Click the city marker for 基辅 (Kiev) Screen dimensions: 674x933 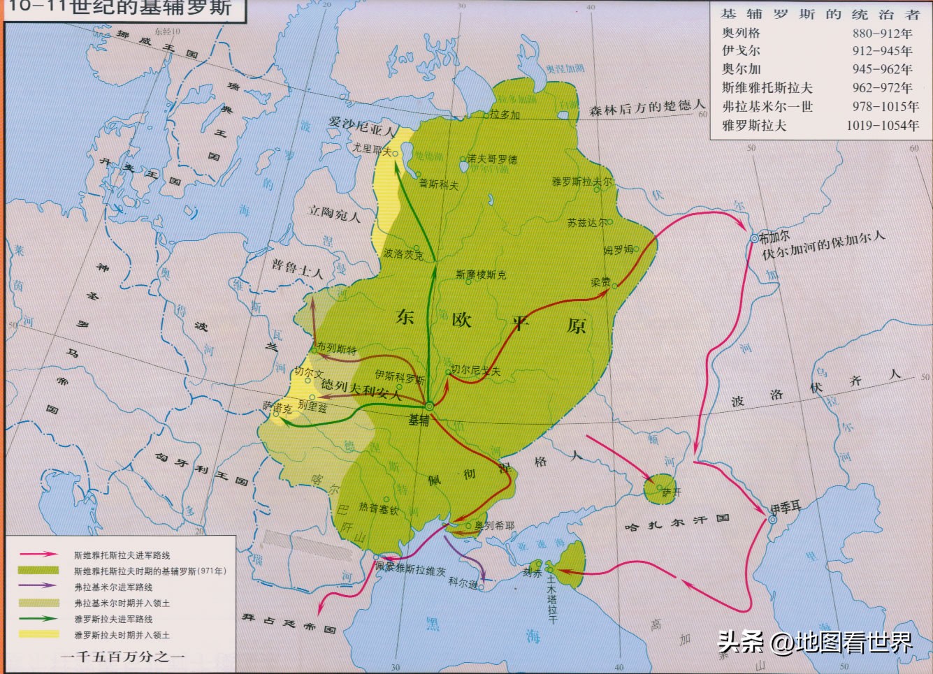pyautogui.click(x=430, y=406)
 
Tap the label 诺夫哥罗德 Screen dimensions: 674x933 pyautogui.click(x=492, y=159)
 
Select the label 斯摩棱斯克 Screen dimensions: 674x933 pyautogui.click(x=481, y=274)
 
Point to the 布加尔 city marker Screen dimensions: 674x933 pyautogui.click(x=754, y=239)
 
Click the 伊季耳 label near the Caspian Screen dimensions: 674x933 pyautogui.click(x=786, y=508)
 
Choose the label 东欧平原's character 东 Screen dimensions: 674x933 pyautogui.click(x=405, y=318)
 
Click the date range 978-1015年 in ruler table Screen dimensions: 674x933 pyautogui.click(x=885, y=107)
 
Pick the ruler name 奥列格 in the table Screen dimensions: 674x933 pyautogui.click(x=741, y=33)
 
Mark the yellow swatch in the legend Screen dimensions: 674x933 pyautogui.click(x=39, y=635)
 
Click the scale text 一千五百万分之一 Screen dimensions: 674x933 pyautogui.click(x=122, y=657)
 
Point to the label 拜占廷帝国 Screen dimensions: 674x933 pyautogui.click(x=289, y=623)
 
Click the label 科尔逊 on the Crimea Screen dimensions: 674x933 pyautogui.click(x=463, y=582)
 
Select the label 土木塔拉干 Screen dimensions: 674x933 pyautogui.click(x=551, y=597)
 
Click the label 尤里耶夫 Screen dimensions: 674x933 pyautogui.click(x=371, y=149)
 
